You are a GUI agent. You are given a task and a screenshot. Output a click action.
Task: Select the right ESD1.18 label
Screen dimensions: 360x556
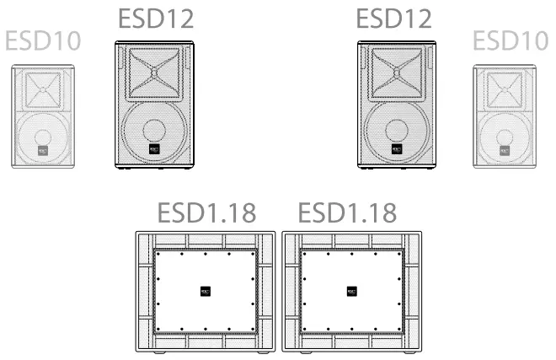tap(347, 212)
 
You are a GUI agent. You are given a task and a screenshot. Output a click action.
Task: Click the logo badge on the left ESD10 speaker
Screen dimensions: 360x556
tap(43, 152)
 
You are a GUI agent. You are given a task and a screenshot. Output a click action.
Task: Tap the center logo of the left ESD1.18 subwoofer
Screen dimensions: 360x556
tap(205, 291)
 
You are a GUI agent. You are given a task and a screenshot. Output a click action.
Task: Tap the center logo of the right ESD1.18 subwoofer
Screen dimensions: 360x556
tap(352, 291)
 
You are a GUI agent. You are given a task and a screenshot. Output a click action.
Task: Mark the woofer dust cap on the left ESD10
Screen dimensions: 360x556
tap(43, 136)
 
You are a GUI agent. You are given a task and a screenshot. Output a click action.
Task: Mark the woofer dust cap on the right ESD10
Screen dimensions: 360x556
tap(506, 136)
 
